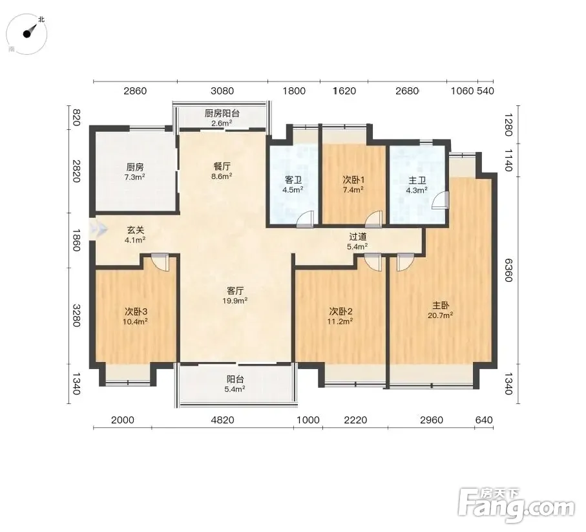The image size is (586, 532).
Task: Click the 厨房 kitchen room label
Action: click(x=135, y=171)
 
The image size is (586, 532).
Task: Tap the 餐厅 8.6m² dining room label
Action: click(x=222, y=171)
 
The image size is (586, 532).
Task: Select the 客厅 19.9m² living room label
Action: click(x=235, y=295)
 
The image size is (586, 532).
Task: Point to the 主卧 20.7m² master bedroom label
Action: click(x=441, y=310)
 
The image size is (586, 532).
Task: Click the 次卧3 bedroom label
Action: click(x=136, y=316)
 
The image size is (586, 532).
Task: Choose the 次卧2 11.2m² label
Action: click(x=340, y=316)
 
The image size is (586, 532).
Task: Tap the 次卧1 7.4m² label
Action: click(x=353, y=184)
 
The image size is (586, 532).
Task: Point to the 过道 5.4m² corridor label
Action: click(x=358, y=241)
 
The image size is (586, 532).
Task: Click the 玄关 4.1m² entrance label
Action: click(x=135, y=235)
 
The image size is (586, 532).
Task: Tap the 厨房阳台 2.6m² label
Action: click(x=222, y=118)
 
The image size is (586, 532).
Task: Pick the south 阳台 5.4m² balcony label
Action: click(x=235, y=384)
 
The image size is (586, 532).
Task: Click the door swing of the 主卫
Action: click(x=439, y=200)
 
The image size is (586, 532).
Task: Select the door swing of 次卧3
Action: click(x=160, y=262)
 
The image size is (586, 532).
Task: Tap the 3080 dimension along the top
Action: click(x=222, y=91)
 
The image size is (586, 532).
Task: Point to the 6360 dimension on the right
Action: click(x=508, y=270)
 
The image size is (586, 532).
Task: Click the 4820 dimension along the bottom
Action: click(x=223, y=420)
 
